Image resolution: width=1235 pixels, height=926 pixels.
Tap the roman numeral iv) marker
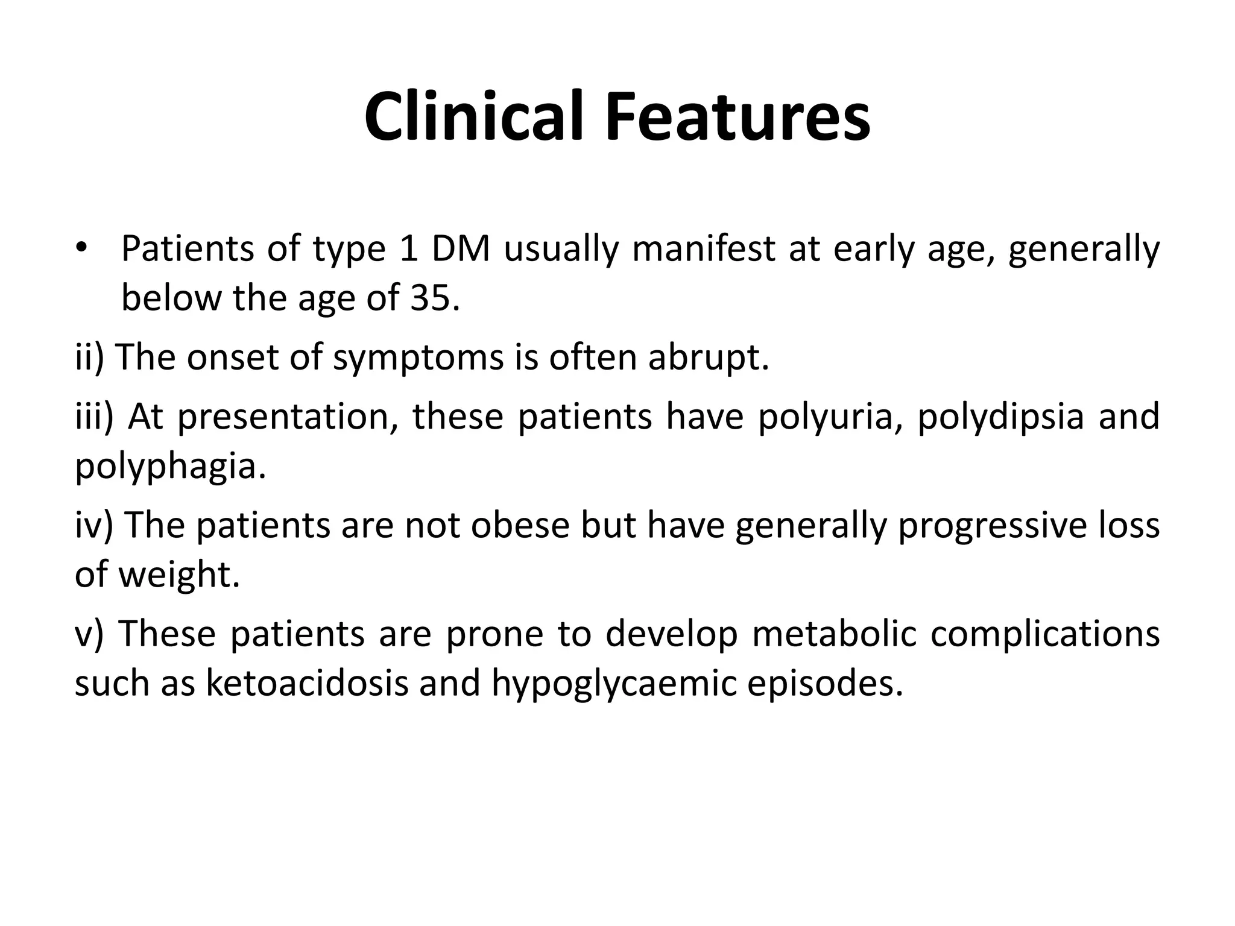(94, 524)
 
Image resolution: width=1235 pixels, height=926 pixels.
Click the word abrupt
(709, 357)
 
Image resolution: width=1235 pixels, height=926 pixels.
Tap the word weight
(178, 574)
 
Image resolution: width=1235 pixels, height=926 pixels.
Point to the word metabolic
(834, 634)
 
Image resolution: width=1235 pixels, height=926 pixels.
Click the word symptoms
(418, 357)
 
